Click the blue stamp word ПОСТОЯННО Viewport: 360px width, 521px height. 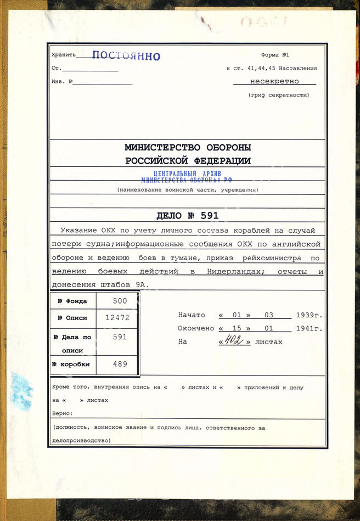(x=126, y=55)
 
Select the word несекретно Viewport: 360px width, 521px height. (x=274, y=81)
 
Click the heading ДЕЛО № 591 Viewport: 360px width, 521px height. (x=187, y=216)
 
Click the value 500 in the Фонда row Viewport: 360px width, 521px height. (x=119, y=301)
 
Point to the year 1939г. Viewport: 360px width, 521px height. (x=308, y=315)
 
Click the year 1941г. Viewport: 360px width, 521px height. (x=308, y=328)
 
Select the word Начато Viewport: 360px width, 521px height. (x=192, y=315)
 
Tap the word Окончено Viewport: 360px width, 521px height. (x=195, y=328)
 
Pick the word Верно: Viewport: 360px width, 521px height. (x=63, y=413)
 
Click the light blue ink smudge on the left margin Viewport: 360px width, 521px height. (x=22, y=390)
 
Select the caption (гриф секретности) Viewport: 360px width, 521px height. (x=278, y=95)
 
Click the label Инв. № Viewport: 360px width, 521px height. (x=61, y=81)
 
